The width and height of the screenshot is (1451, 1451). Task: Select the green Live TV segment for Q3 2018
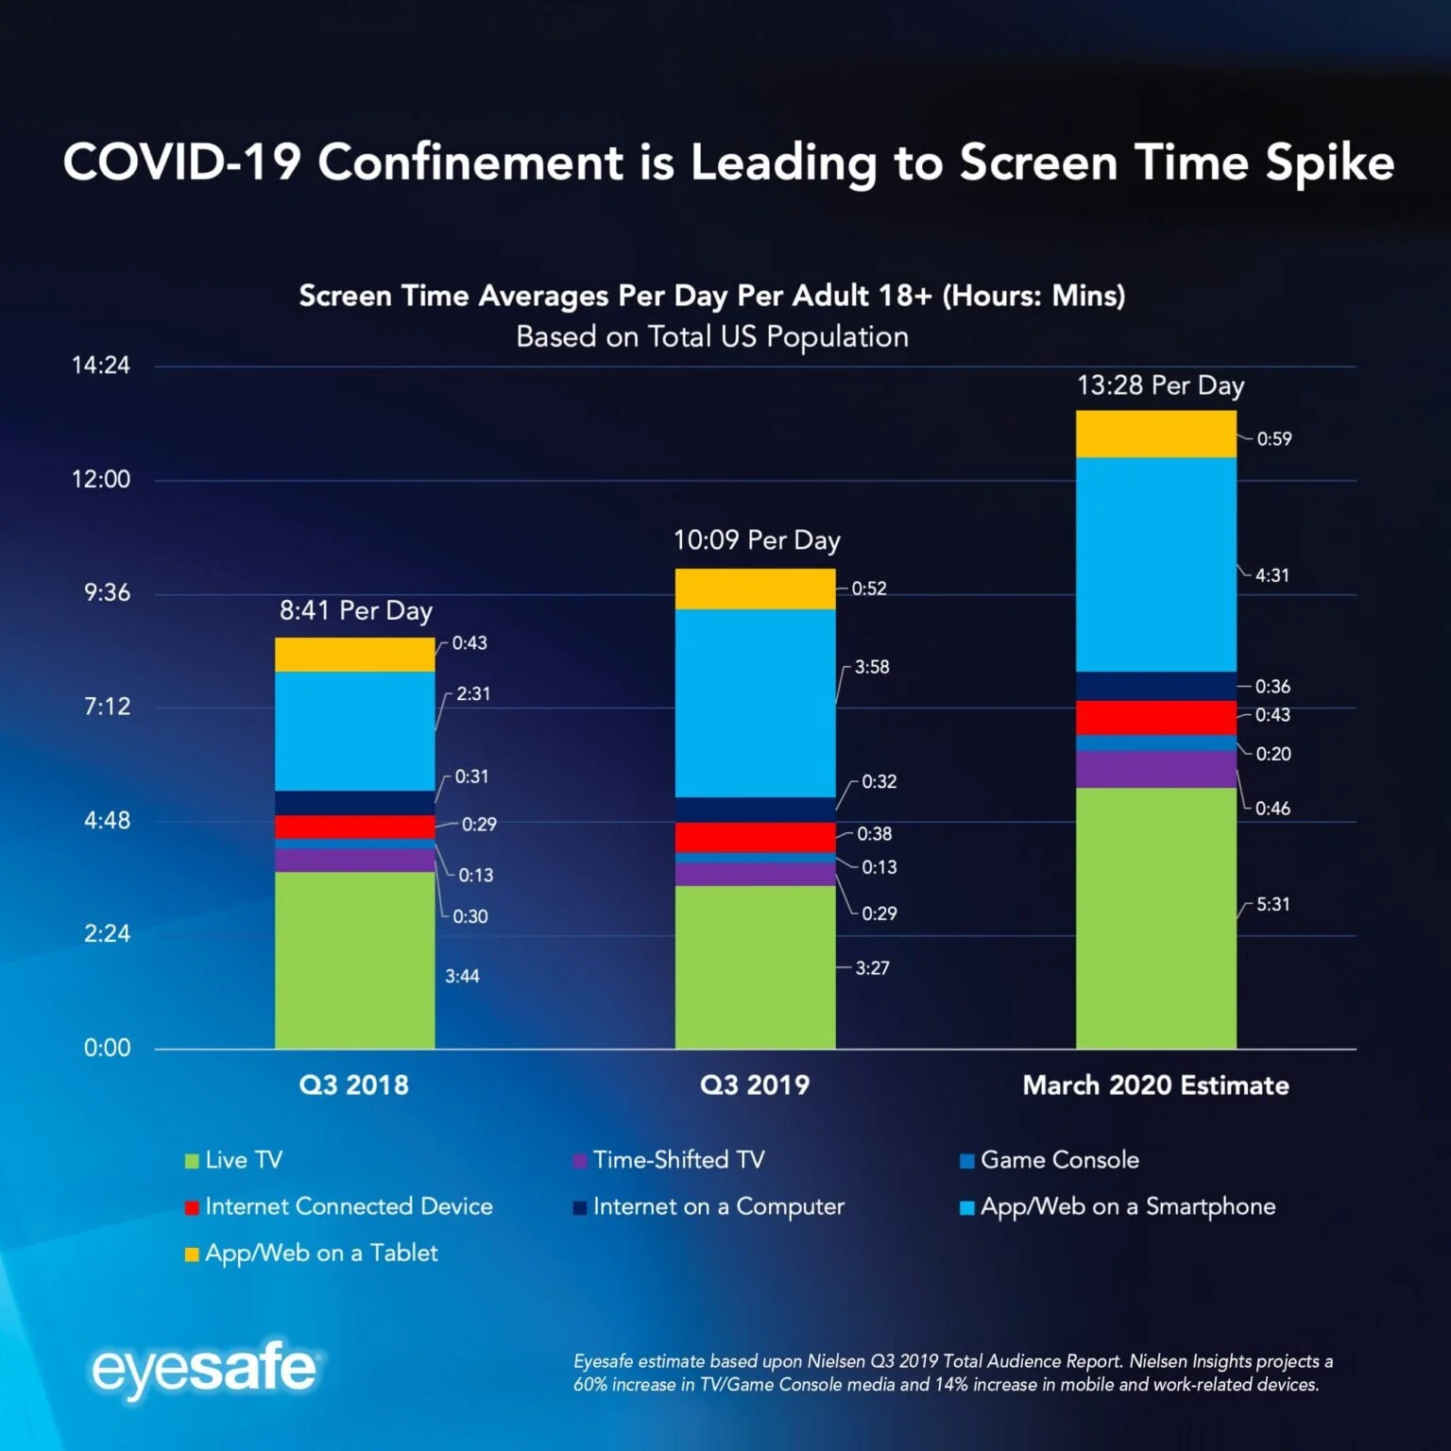point(354,959)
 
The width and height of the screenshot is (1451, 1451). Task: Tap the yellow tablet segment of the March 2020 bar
point(1155,435)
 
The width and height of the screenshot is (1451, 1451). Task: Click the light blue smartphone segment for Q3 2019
point(755,703)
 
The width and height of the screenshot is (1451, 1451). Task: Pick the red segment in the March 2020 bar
point(1155,717)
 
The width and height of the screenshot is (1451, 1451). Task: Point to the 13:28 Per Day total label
point(1160,385)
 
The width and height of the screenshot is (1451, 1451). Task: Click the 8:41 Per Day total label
point(355,611)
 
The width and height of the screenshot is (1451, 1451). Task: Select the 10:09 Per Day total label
point(756,540)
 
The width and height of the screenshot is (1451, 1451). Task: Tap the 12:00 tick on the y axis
point(101,480)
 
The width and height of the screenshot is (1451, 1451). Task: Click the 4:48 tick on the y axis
point(107,820)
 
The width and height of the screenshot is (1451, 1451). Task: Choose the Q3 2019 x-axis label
point(754,1084)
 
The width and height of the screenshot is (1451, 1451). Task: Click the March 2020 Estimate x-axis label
point(1155,1084)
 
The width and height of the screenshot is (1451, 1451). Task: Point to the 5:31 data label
point(1272,904)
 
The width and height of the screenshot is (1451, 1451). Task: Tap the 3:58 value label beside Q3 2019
point(872,667)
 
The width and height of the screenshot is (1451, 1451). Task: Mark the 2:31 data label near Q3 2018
point(473,693)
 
